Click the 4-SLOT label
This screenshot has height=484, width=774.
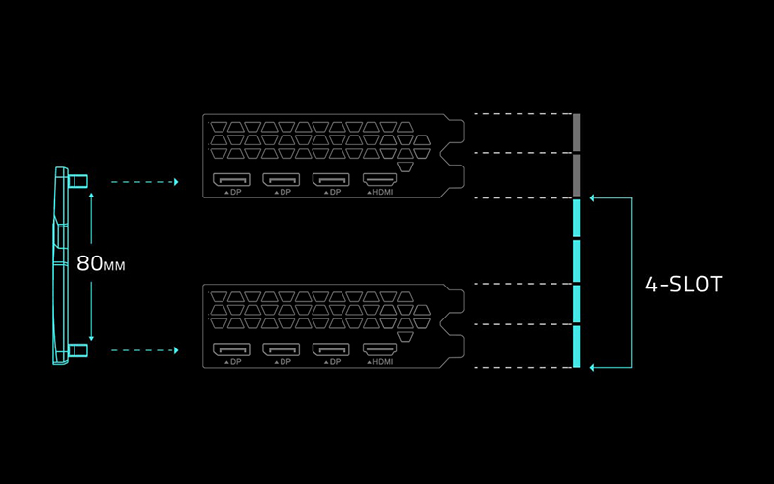pyautogui.click(x=684, y=284)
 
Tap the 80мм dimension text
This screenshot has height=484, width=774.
pyautogui.click(x=101, y=263)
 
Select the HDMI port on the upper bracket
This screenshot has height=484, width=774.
pyautogui.click(x=379, y=179)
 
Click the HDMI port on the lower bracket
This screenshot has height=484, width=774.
pyautogui.click(x=379, y=349)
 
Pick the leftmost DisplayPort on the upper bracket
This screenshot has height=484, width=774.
pyautogui.click(x=231, y=179)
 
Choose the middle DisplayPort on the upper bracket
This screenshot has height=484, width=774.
pyautogui.click(x=282, y=179)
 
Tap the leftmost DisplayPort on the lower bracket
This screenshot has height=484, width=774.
pyautogui.click(x=231, y=349)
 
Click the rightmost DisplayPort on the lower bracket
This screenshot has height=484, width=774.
pyautogui.click(x=331, y=349)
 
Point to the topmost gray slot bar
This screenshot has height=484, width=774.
pyautogui.click(x=576, y=133)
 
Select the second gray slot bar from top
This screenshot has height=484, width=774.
pyautogui.click(x=576, y=175)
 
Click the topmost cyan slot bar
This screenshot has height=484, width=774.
pyautogui.click(x=576, y=219)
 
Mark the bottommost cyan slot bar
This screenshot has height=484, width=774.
pyautogui.click(x=576, y=347)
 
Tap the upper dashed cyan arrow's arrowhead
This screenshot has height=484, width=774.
pyautogui.click(x=176, y=182)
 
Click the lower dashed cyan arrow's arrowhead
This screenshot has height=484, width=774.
pyautogui.click(x=176, y=350)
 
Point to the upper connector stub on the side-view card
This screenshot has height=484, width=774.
pyautogui.click(x=78, y=181)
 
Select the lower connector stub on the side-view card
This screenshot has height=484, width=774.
pyautogui.click(x=78, y=350)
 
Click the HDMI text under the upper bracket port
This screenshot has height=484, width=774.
pyautogui.click(x=383, y=192)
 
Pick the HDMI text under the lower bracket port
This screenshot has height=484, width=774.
pyautogui.click(x=383, y=362)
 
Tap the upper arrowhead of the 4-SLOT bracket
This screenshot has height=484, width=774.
pyautogui.click(x=592, y=198)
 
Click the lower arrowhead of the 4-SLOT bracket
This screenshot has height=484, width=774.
pyautogui.click(x=592, y=368)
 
